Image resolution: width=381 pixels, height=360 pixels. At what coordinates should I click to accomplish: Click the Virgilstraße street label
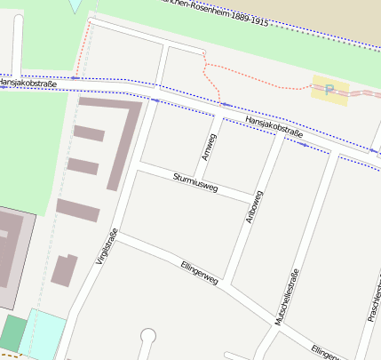pyautogui.click(x=107, y=248)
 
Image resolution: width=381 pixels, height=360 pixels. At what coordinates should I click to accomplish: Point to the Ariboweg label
pyautogui.click(x=252, y=206)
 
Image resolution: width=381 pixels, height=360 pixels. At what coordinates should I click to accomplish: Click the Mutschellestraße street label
pyautogui.click(x=289, y=298)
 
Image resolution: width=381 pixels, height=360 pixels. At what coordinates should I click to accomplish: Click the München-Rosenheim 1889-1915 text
pyautogui.click(x=212, y=10)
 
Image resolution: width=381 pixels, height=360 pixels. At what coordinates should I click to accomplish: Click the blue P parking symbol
pyautogui.click(x=329, y=89)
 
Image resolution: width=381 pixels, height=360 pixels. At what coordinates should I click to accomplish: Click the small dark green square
pyautogui.click(x=12, y=332)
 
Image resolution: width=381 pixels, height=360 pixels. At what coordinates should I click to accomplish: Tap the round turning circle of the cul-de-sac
pyautogui.click(x=147, y=336)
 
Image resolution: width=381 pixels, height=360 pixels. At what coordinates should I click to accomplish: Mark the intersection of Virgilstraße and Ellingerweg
pyautogui.click(x=122, y=236)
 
